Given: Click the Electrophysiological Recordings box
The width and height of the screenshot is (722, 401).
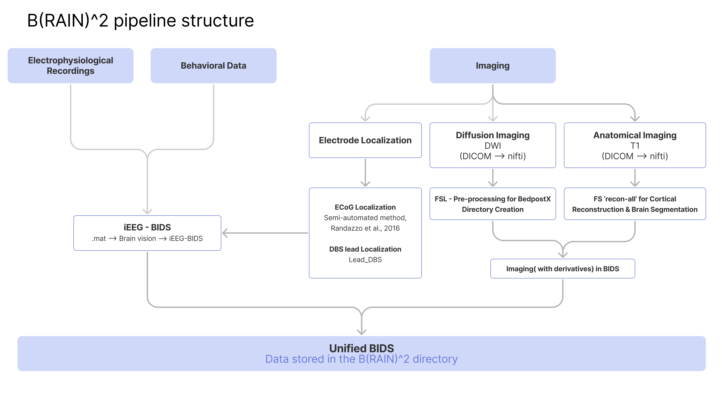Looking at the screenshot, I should tap(70, 66).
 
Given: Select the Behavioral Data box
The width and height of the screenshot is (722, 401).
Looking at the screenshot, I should tap(213, 66).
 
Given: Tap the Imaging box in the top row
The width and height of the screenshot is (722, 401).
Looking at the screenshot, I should tap(492, 66).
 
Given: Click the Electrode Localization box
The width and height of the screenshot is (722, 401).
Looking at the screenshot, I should tap(365, 140).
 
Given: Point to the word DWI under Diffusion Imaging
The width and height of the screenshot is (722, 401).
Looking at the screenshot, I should tap(492, 146).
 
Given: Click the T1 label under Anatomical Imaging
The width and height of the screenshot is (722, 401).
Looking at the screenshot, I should tap(635, 146).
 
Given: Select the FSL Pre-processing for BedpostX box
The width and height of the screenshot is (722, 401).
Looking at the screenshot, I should tap(492, 204).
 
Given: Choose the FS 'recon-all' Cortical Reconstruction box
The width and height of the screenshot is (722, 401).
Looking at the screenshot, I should tap(635, 204).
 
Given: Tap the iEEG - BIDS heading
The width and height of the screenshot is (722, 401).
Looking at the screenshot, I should tap(147, 227).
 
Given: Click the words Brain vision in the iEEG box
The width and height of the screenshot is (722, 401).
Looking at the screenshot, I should tap(137, 238).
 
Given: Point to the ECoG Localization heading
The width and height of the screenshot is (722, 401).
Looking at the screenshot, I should tap(365, 207).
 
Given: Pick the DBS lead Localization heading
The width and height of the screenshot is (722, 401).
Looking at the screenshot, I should tap(365, 249).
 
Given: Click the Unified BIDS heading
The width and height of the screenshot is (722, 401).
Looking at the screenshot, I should tap(361, 348).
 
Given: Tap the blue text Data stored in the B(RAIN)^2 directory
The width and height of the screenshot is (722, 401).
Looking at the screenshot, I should tap(361, 359).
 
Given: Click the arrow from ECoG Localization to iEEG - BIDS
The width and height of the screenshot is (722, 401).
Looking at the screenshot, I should tap(265, 233).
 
